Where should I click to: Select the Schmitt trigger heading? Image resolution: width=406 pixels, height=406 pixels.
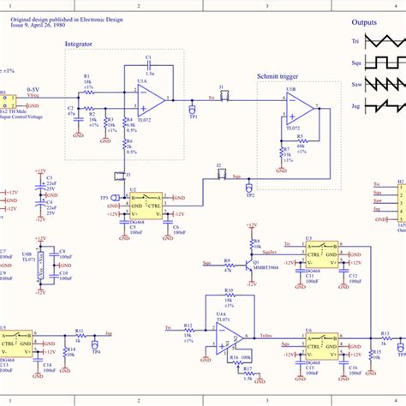point(279,76)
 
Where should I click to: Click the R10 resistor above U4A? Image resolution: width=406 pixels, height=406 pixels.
point(229,297)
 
